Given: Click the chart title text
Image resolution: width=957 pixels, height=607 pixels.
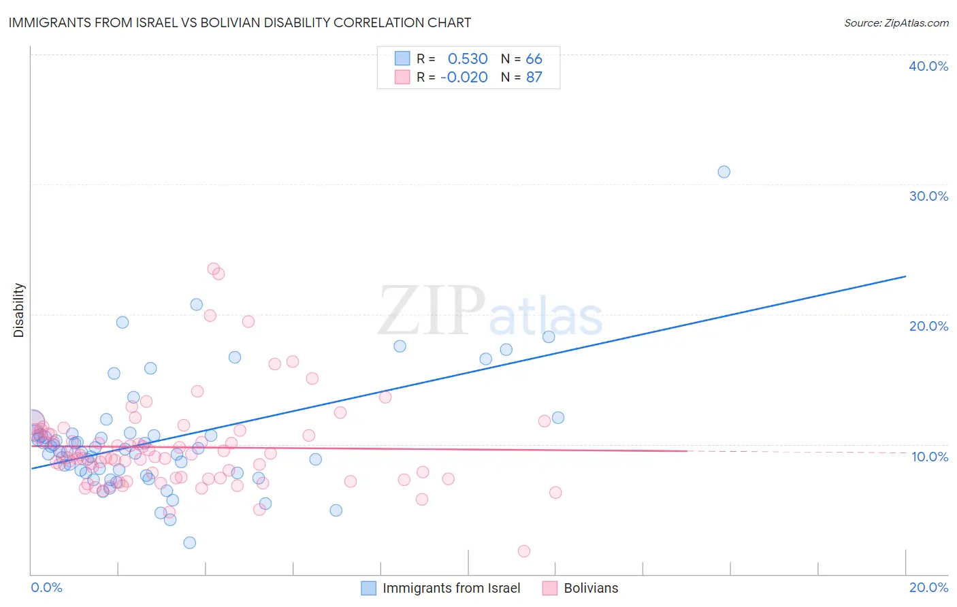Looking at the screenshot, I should point(240,22).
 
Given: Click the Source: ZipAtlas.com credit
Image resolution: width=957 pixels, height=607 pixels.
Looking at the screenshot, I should point(896,23).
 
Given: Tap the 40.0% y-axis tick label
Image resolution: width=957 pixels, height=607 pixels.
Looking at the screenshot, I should point(928,66).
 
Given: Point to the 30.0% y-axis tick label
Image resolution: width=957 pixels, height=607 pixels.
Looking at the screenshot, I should point(928,196).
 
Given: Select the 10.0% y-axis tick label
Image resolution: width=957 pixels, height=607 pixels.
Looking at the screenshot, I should point(930,457).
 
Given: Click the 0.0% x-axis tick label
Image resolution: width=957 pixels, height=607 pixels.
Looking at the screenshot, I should point(46,587).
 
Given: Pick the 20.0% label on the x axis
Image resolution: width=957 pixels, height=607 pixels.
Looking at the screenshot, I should point(928,587).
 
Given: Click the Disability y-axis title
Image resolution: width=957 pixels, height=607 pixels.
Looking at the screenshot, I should point(19,310).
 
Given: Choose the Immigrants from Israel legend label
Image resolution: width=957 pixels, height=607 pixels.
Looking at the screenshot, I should point(451,588).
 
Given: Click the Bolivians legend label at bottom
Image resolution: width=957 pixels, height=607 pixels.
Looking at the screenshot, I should point(591,588).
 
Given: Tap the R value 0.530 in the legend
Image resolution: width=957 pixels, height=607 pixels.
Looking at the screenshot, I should point(468,59).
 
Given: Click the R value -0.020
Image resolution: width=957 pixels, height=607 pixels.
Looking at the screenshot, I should point(464,78).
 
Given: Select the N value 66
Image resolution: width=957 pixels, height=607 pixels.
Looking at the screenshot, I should point(534,59).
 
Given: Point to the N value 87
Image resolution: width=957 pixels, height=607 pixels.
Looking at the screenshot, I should point(534,78).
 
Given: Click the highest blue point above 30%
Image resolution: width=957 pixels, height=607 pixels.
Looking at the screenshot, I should point(724,171).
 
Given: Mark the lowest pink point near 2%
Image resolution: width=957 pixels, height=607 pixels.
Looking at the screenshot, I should point(524,551).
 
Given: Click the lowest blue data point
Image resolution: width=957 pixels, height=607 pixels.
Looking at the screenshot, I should point(190,542).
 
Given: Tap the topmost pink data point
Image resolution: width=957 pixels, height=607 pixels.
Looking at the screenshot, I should point(213,269).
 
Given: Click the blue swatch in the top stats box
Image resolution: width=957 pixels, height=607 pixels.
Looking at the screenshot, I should point(402,59).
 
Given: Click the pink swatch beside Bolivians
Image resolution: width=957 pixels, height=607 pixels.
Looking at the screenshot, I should point(550,588).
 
